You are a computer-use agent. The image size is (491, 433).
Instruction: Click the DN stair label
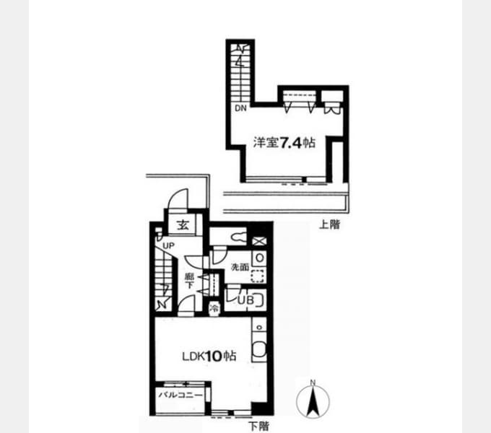click(x=240, y=108)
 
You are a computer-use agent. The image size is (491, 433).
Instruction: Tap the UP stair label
click(x=168, y=246)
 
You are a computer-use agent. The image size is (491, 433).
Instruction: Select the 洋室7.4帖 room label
click(x=284, y=143)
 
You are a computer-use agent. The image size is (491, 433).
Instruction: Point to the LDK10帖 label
click(x=209, y=356)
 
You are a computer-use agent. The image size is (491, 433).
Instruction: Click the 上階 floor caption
click(x=329, y=224)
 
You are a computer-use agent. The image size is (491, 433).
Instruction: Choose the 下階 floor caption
click(x=258, y=426)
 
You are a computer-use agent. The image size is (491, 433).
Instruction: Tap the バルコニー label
click(x=181, y=395)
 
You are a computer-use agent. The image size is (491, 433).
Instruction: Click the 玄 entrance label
click(x=183, y=225)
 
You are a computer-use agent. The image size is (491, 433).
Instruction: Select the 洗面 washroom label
click(x=240, y=267)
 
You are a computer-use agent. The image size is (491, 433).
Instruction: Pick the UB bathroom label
click(x=245, y=300)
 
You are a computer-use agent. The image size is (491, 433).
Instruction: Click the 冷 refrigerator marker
click(x=215, y=308)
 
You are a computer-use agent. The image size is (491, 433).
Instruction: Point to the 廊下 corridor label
click(x=189, y=281)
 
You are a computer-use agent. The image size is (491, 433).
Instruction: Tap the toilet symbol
click(x=238, y=237)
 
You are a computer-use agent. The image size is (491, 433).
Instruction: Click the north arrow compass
click(x=313, y=401)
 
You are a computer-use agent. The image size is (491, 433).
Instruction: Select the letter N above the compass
click(x=313, y=382)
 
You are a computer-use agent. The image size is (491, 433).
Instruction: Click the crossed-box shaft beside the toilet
click(x=259, y=241)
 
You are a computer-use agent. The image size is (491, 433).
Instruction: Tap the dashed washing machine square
click(x=258, y=276)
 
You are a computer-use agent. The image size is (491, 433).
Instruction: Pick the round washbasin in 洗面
click(x=260, y=258)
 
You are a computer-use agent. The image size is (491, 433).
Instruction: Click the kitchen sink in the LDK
click(x=259, y=349)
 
